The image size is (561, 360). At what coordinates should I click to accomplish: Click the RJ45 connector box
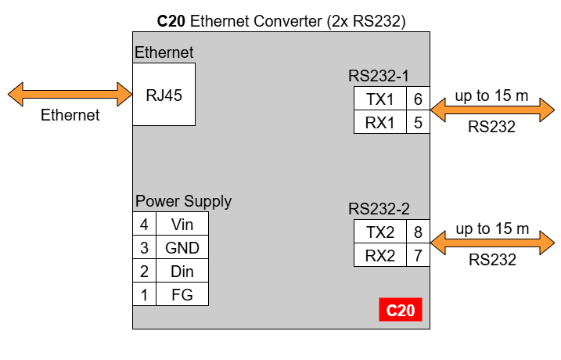tap(164, 95)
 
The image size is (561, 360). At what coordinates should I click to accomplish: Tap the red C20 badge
tap(401, 310)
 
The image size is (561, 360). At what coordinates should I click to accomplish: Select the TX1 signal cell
tap(380, 99)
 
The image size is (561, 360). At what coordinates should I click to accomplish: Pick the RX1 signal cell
tap(380, 122)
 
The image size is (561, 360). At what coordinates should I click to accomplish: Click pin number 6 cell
tap(418, 99)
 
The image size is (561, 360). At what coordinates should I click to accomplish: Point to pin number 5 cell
tap(418, 122)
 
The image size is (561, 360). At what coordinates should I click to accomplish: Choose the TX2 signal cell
tap(380, 232)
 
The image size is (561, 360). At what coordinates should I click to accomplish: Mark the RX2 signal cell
tap(380, 255)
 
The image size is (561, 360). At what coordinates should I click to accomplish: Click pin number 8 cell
tap(418, 232)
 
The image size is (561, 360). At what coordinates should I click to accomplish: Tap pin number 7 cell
tap(418, 255)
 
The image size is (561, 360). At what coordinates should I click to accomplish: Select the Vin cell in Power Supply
tap(182, 224)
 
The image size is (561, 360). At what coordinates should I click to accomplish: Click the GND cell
tap(182, 247)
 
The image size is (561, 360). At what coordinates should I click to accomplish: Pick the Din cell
tap(182, 271)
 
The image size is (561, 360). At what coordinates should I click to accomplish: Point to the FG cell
tap(182, 294)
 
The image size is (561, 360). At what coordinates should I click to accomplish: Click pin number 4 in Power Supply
tap(144, 224)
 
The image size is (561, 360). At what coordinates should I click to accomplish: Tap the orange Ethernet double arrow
tap(70, 95)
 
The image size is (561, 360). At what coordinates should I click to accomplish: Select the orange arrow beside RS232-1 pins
tap(492, 110)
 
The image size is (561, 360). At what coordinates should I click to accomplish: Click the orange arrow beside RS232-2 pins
tap(492, 243)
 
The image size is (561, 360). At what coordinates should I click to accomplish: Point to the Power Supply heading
tap(183, 201)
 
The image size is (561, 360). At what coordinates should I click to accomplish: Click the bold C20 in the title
tap(171, 21)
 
